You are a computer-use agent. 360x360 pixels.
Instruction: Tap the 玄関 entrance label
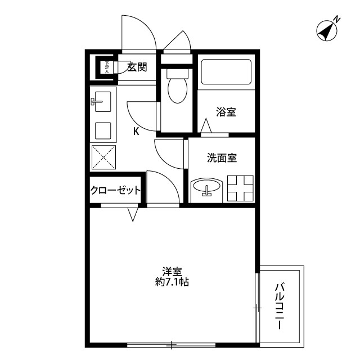137,67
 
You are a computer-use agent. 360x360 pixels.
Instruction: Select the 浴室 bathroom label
226,112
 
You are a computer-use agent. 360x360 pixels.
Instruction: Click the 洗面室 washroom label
222,158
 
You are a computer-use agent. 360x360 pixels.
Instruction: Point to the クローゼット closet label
115,191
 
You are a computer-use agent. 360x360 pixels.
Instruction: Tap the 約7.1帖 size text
172,282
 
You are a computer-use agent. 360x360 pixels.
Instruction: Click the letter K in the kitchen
136,132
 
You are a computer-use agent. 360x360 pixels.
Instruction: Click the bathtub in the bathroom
225,71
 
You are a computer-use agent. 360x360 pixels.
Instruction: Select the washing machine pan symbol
240,188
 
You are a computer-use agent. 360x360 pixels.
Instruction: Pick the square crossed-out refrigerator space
103,156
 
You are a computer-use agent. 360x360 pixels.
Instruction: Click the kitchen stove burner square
103,130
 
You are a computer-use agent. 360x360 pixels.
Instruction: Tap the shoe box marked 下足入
105,67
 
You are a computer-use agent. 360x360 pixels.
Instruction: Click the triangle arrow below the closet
133,214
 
